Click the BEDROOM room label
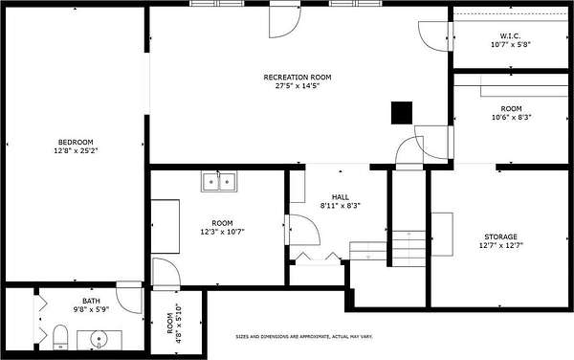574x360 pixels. click(x=76, y=142)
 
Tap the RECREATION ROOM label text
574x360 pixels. click(x=298, y=78)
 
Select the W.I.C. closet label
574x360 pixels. click(x=510, y=35)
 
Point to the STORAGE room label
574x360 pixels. click(x=500, y=236)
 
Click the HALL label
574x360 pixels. click(x=340, y=197)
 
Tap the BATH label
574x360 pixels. click(x=91, y=301)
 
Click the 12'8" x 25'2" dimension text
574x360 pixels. click(x=76, y=150)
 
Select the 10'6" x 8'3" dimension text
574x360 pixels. click(x=511, y=117)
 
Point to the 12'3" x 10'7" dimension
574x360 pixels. click(x=222, y=232)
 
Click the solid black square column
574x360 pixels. click(x=402, y=113)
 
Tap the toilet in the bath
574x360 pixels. click(x=60, y=337)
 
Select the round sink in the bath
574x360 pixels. click(x=99, y=339)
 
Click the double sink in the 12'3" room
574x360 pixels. click(x=219, y=182)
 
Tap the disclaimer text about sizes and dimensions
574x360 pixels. click(x=304, y=336)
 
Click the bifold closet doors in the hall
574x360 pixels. click(x=317, y=256)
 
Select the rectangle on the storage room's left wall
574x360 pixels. click(x=442, y=235)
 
